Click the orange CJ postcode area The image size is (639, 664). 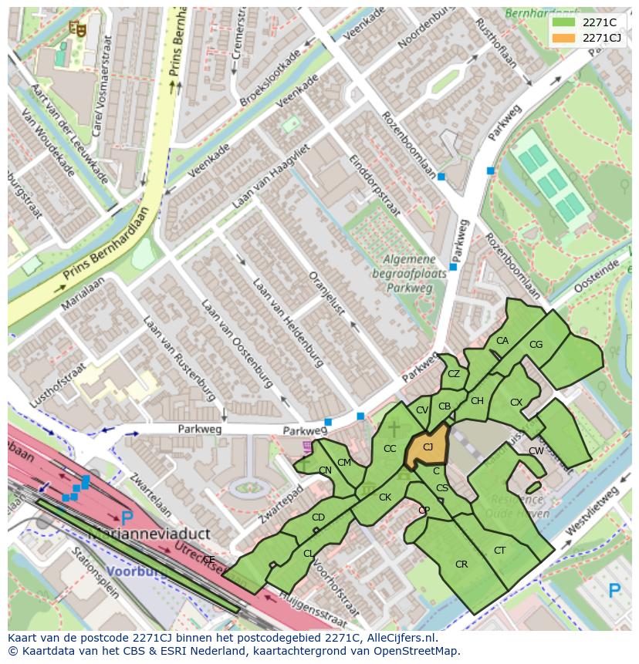[x=426, y=449]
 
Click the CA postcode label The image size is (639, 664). [x=502, y=341]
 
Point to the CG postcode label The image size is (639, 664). [x=536, y=345]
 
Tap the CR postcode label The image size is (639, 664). [x=461, y=565]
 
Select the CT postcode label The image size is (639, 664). [x=499, y=550]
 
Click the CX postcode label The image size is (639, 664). [x=516, y=403]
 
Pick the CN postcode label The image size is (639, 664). [x=325, y=470]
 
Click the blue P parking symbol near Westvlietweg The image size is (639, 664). [x=614, y=591]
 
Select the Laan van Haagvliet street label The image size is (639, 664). [x=271, y=177]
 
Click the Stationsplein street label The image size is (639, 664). [x=94, y=573]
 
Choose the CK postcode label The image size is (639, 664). [x=384, y=497]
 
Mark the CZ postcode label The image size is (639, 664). [x=454, y=374]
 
